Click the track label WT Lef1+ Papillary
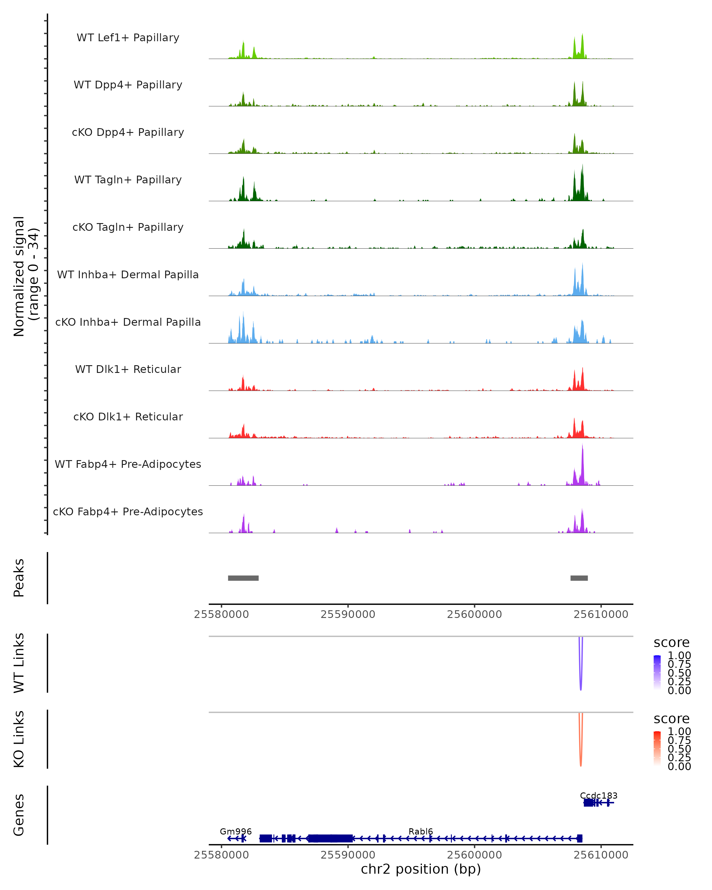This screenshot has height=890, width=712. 128,38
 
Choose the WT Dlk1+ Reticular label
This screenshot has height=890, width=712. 128,369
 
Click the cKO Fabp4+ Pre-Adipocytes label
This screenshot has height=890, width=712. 128,511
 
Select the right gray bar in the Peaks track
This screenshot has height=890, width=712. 579,578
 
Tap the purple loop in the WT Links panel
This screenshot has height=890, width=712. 581,685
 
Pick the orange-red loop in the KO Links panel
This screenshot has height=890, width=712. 581,762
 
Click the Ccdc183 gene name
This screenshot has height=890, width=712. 598,795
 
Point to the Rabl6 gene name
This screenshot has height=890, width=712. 421,831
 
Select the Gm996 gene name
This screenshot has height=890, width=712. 236,831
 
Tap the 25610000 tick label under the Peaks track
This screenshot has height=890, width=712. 601,614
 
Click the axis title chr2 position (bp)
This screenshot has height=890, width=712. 421,869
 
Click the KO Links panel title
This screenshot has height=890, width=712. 19,739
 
